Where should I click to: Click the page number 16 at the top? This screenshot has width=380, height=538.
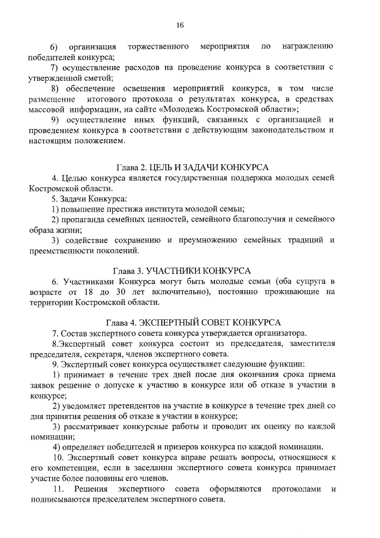[x=180, y=25]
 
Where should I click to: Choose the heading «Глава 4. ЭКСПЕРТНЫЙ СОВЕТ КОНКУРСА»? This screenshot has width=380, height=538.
[x=189, y=322]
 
